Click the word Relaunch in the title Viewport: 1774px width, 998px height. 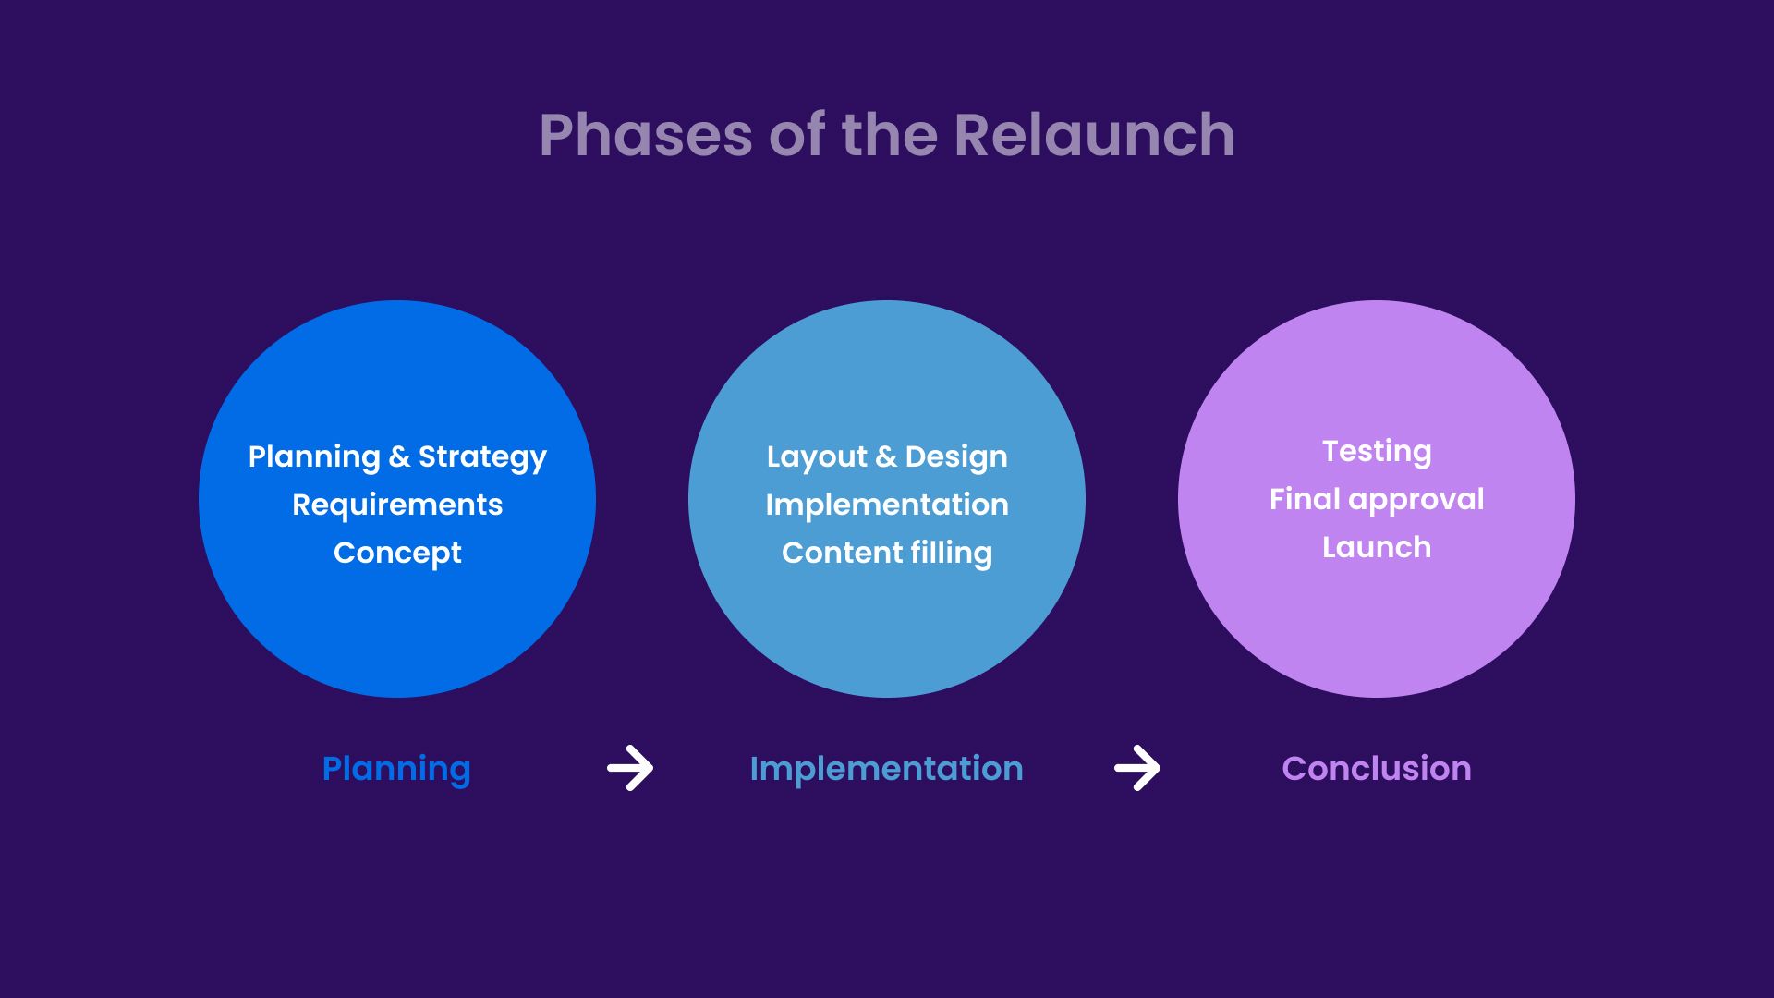pyautogui.click(x=1094, y=135)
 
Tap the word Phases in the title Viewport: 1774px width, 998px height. pyautogui.click(x=646, y=135)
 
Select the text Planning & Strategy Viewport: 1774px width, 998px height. pyautogui.click(x=397, y=456)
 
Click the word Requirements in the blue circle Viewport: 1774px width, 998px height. pyautogui.click(x=397, y=505)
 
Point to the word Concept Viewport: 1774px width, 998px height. pyautogui.click(x=397, y=553)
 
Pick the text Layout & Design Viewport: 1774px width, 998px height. pyautogui.click(x=887, y=456)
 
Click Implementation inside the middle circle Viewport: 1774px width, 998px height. pyautogui.click(x=887, y=505)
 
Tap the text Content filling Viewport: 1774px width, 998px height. pyautogui.click(x=887, y=553)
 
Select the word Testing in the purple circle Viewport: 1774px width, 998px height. pyautogui.click(x=1377, y=451)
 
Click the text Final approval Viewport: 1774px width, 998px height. pyautogui.click(x=1377, y=499)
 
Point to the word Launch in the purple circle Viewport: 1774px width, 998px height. pyautogui.click(x=1377, y=547)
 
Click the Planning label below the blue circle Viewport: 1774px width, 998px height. pyautogui.click(x=396, y=769)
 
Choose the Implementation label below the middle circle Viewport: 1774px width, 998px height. pyautogui.click(x=886, y=769)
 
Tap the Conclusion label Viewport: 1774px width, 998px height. pyautogui.click(x=1377, y=769)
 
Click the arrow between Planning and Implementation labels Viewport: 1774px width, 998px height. pyautogui.click(x=630, y=768)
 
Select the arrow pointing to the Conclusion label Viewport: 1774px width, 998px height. pyautogui.click(x=1137, y=768)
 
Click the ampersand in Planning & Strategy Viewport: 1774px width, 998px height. pyautogui.click(x=399, y=456)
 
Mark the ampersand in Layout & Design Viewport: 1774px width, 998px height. pyautogui.click(x=885, y=456)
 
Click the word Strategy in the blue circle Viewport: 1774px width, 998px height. pyautogui.click(x=482, y=456)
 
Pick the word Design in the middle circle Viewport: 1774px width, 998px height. pyautogui.click(x=956, y=456)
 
